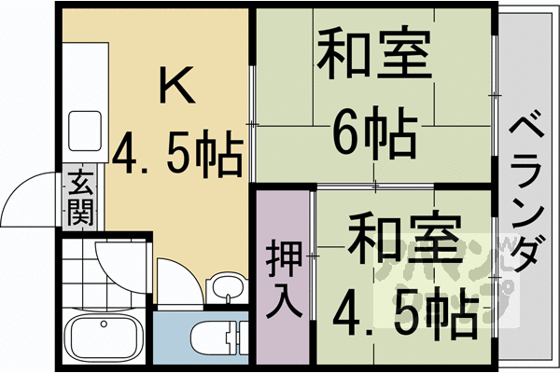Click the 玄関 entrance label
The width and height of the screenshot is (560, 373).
(80, 199)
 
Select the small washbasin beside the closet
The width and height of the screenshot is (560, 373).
(224, 285)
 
